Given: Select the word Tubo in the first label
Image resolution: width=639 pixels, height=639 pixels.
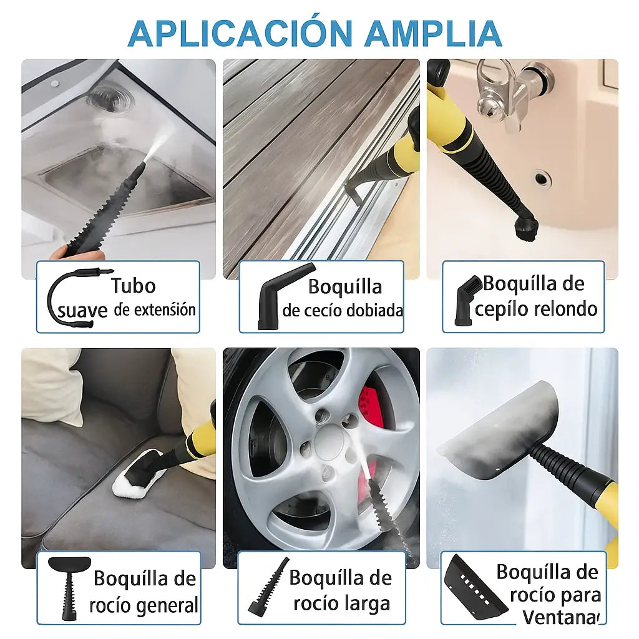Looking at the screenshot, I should coord(133,286).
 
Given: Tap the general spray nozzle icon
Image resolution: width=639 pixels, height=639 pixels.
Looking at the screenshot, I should coord(69,587).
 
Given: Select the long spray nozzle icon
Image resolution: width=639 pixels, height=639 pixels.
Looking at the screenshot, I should coord(268,587).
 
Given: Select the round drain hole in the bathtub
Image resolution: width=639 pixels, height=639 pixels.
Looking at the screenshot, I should coord(542,179).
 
